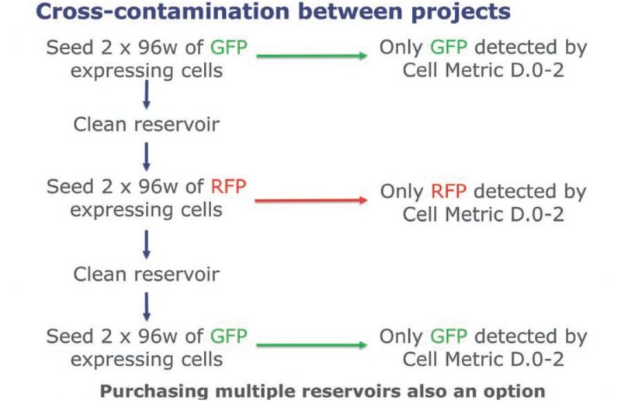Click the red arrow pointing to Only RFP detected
click(311, 200)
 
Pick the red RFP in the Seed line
click(228, 186)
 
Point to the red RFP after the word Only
click(449, 192)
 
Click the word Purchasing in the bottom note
click(154, 392)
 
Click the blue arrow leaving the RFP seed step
click(147, 244)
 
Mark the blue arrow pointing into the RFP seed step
click(147, 157)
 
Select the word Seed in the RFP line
click(71, 186)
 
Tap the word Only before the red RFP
click(402, 192)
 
